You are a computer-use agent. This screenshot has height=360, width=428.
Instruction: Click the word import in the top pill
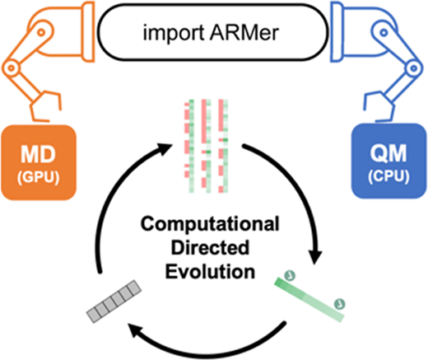click(x=174, y=33)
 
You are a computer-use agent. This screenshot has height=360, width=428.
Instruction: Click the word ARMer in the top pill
click(x=244, y=33)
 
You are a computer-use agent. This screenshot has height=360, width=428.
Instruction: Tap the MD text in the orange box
click(x=39, y=154)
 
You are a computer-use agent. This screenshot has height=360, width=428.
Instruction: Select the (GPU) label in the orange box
click(x=39, y=178)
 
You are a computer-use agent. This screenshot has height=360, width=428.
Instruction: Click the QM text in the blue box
click(x=388, y=153)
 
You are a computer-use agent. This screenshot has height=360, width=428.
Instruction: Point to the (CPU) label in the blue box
click(x=388, y=176)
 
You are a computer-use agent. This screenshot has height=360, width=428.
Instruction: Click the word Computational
click(x=210, y=224)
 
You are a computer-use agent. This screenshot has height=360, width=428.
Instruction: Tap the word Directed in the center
click(x=210, y=247)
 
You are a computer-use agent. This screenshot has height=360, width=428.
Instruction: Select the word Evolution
click(x=210, y=271)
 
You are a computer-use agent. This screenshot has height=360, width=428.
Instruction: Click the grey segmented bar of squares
click(x=114, y=302)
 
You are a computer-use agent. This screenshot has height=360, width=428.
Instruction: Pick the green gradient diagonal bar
click(x=309, y=300)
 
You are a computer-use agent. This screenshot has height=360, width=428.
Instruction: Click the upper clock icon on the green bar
click(x=290, y=275)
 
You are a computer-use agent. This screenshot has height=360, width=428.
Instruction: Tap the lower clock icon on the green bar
click(x=339, y=304)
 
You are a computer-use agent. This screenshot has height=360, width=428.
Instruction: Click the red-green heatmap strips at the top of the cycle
click(x=206, y=146)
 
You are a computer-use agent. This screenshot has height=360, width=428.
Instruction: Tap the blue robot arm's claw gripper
click(x=380, y=106)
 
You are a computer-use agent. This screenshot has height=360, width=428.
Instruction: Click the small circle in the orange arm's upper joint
click(x=41, y=32)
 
